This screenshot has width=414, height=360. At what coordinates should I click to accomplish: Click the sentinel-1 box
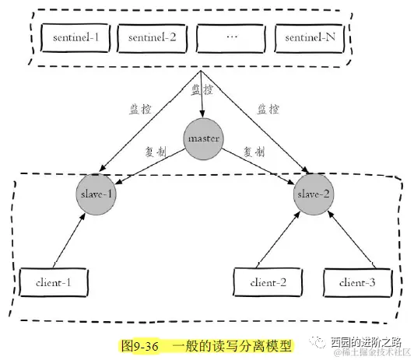click(75, 37)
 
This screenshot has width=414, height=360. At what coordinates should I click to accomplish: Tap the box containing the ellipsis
click(230, 37)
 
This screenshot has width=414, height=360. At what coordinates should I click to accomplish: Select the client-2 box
click(268, 283)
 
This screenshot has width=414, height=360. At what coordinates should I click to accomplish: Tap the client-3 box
click(355, 283)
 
